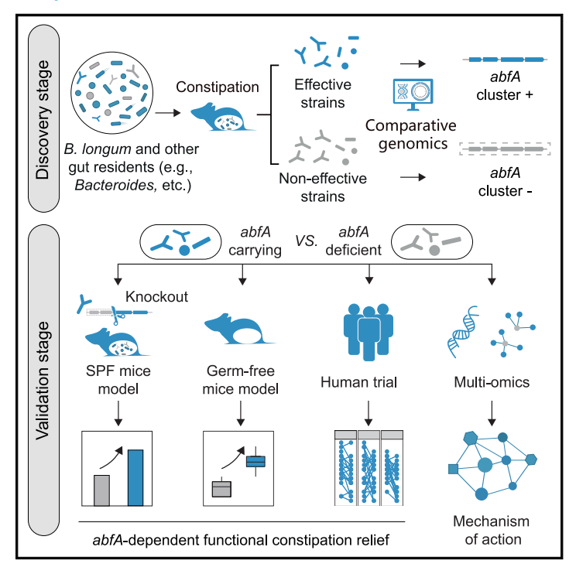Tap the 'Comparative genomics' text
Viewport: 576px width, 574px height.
click(x=410, y=134)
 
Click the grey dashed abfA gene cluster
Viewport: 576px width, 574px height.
click(x=505, y=148)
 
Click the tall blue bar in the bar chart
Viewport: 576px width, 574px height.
click(x=135, y=477)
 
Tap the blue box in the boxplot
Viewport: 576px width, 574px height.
click(x=255, y=462)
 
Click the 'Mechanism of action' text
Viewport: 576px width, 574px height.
click(x=485, y=530)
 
